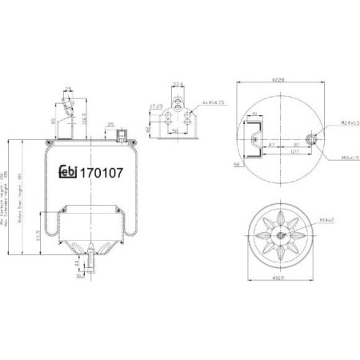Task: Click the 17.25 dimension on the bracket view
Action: pos(157,105)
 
